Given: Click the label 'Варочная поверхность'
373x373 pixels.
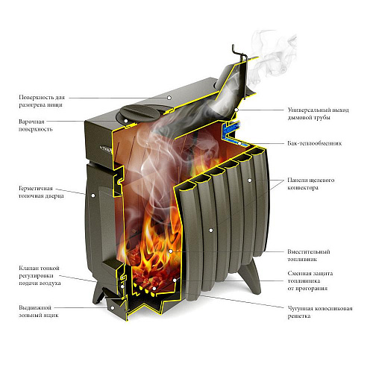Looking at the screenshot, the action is click(36, 125).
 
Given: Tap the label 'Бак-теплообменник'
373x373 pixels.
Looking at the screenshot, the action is click(315, 143).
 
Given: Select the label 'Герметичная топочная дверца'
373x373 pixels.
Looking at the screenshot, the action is click(41, 192).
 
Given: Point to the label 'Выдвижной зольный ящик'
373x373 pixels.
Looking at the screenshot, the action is click(39, 311).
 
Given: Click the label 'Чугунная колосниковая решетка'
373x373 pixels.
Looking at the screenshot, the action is click(320, 313).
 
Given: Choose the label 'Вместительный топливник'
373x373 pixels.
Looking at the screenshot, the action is click(309, 255).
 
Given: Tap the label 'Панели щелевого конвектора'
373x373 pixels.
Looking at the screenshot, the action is click(311, 184).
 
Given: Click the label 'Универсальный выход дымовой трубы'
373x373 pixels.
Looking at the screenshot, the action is click(319, 113).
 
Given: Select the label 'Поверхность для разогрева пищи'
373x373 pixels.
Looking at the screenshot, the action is click(42, 101).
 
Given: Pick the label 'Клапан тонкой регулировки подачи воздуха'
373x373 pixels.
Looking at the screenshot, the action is click(40, 275).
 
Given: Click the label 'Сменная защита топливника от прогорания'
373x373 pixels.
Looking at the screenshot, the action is click(310, 281).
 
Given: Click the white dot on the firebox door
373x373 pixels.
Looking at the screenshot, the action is click(93, 195).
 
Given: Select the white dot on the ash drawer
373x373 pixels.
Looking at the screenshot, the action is click(113, 308).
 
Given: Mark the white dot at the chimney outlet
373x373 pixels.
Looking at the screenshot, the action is click(236, 110).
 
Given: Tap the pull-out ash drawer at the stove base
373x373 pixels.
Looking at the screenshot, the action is click(114, 306).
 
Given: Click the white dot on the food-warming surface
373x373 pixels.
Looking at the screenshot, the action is click(169, 98).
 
